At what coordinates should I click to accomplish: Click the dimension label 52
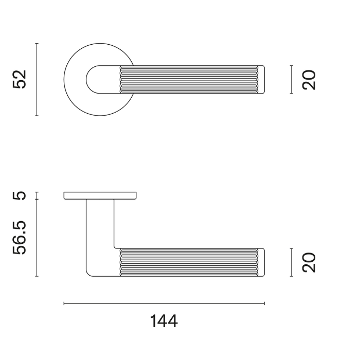[x=20, y=79]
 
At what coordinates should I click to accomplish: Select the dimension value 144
[x=164, y=321]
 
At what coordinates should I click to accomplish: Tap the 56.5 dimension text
[x=20, y=238]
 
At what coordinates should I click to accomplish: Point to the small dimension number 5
[x=20, y=195]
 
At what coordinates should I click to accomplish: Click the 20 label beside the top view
[x=309, y=79]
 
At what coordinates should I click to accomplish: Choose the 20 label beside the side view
[x=309, y=262]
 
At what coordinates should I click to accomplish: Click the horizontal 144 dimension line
[x=164, y=303]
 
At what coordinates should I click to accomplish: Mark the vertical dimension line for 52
[x=37, y=79]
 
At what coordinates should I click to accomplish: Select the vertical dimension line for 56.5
[x=37, y=238]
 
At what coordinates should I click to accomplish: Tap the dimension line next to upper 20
[x=292, y=79]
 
